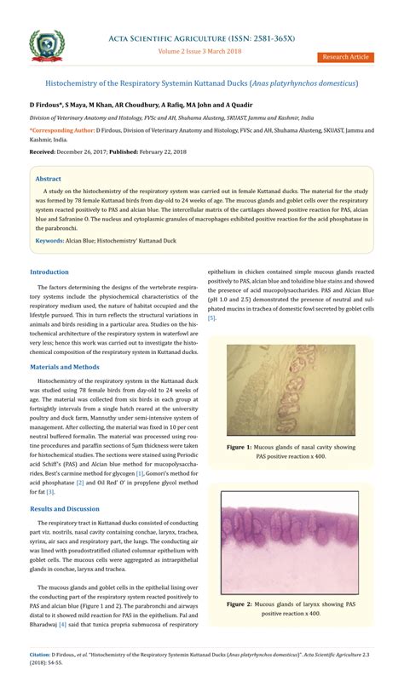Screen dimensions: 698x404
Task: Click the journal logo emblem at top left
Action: coord(46,43)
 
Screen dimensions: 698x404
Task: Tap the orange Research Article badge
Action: coord(345,56)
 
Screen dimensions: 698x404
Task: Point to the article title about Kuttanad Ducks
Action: coord(202,83)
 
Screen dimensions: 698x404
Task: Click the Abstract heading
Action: coord(49,180)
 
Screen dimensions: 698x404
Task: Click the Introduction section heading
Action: coord(49,272)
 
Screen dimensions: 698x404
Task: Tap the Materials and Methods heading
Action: coord(64,366)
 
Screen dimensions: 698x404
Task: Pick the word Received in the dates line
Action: coord(41,151)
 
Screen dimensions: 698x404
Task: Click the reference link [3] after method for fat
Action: coord(50,491)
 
